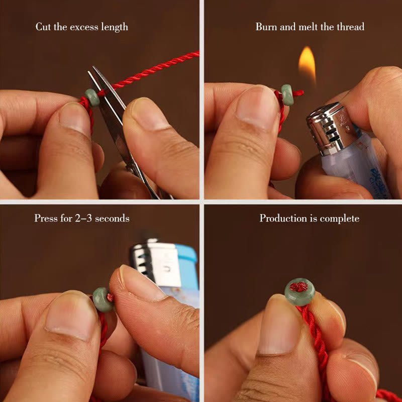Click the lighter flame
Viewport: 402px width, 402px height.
[307, 64]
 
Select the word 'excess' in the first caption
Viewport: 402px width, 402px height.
[84, 27]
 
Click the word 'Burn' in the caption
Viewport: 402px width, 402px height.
[266, 27]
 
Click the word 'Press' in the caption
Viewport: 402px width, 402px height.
[46, 218]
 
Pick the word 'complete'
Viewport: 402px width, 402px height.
[340, 219]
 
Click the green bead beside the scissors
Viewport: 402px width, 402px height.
[92, 97]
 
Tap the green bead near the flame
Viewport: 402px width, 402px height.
[287, 94]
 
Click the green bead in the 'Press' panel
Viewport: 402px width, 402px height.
[103, 299]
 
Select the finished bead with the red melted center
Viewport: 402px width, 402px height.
[299, 292]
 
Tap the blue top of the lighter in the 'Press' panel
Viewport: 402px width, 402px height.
[186, 259]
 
